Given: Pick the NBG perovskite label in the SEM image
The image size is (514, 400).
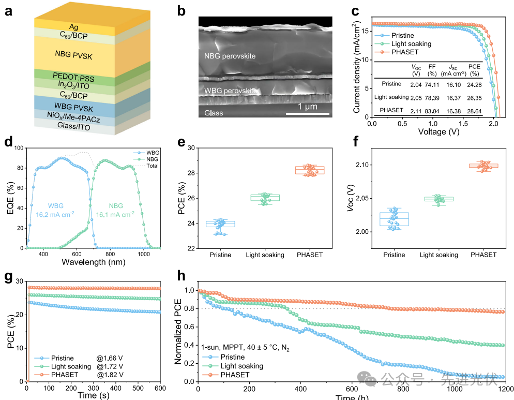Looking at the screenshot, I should point(230,56).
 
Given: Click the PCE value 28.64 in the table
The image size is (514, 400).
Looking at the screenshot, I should point(474,111).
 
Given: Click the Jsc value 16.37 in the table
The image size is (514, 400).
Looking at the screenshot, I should point(452,97).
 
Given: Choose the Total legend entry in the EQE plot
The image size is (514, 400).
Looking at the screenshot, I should point(153,166).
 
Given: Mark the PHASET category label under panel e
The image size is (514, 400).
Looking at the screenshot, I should point(311,255).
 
